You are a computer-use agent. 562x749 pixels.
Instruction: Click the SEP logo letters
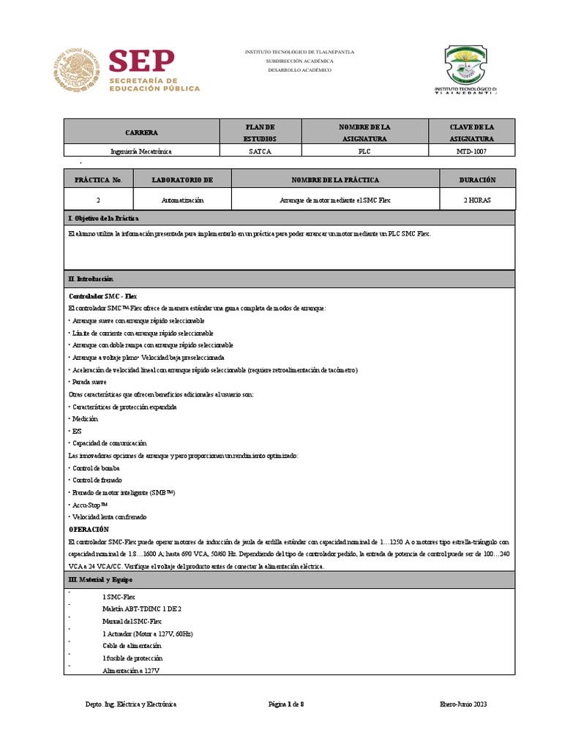click(x=141, y=61)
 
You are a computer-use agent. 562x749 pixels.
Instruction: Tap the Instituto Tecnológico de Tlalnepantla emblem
click(x=471, y=65)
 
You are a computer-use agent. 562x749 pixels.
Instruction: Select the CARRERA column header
click(x=141, y=132)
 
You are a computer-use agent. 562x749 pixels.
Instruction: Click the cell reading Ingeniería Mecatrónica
click(x=141, y=151)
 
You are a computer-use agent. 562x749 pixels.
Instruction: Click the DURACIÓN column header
click(x=477, y=179)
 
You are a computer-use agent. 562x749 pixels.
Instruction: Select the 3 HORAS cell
click(x=477, y=200)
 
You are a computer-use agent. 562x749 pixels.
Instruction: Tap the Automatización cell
click(x=182, y=200)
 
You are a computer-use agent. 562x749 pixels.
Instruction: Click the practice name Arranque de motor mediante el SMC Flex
click(x=335, y=200)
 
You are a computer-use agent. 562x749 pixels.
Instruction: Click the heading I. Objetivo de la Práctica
click(x=103, y=219)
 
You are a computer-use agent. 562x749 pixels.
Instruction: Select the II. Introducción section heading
click(x=91, y=279)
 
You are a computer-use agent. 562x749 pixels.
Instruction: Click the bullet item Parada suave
click(x=89, y=382)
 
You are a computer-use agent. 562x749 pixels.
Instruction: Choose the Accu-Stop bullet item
click(x=89, y=505)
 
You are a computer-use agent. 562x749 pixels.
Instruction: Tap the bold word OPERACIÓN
click(x=89, y=529)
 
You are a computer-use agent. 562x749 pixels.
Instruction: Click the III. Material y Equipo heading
click(x=101, y=579)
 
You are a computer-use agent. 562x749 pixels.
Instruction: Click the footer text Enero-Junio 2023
click(x=462, y=704)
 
